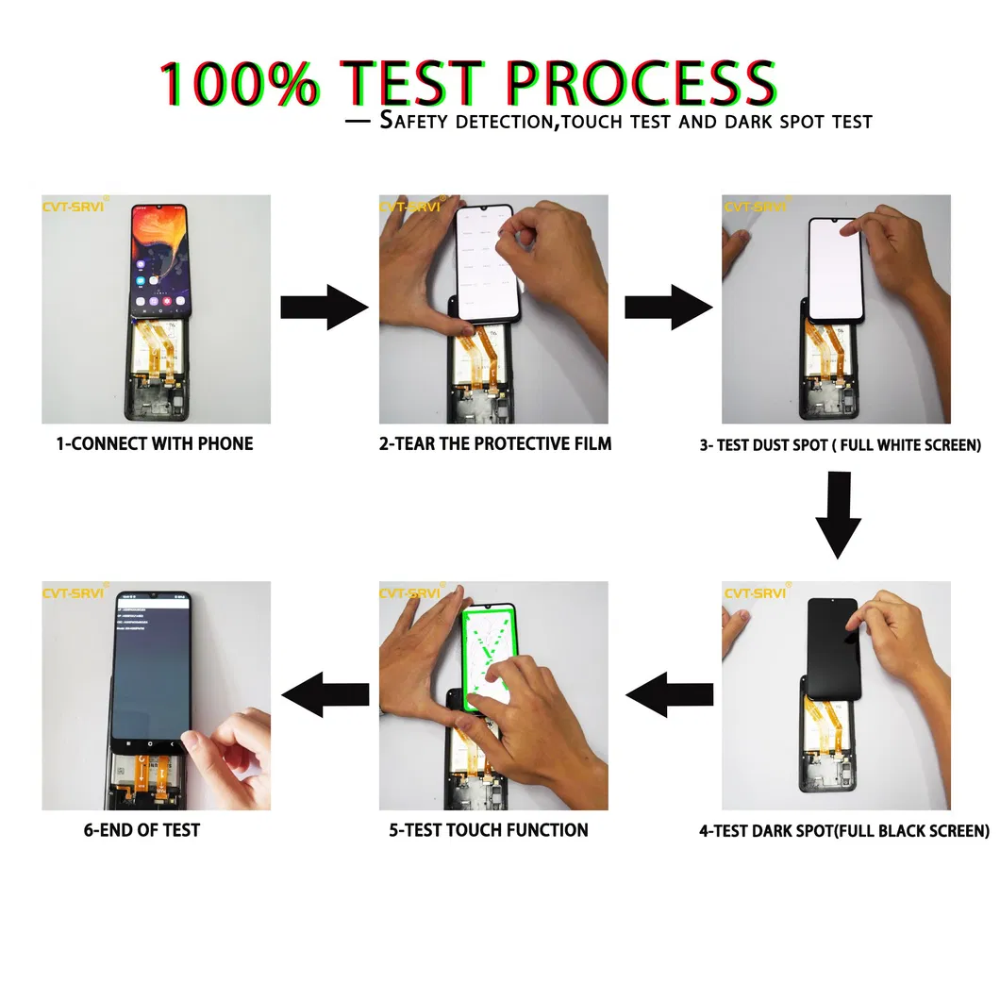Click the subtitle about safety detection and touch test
point(608,121)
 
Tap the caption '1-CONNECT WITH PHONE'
point(155,443)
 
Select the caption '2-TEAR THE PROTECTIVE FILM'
point(495,443)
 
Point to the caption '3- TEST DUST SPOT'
point(840,444)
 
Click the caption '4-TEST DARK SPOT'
point(843,831)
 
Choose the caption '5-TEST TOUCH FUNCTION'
point(489,830)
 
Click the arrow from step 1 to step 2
point(325,308)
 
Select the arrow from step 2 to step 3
point(668,308)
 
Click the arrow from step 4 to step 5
point(668,695)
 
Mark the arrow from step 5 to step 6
point(325,695)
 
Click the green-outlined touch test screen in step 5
point(489,660)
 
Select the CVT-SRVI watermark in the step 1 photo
point(75,206)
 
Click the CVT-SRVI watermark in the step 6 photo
point(75,592)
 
